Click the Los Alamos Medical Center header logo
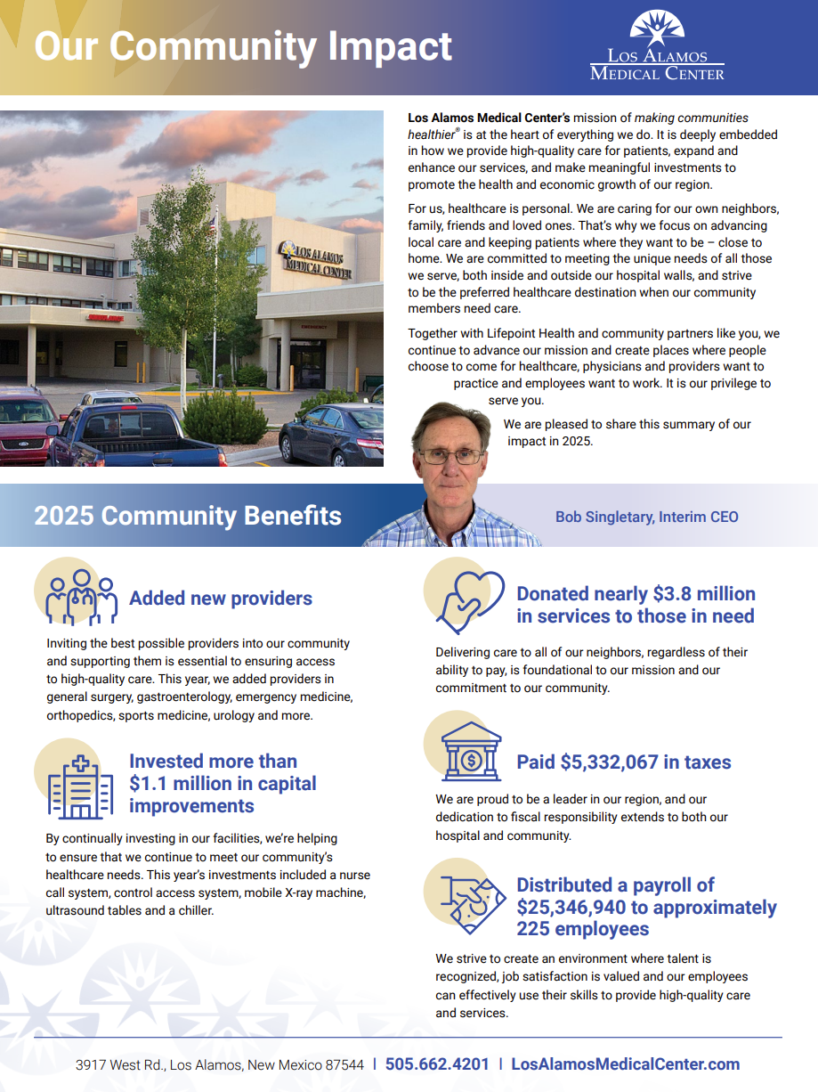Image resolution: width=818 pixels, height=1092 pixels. pos(657,46)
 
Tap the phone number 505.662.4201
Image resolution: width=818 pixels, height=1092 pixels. pos(437,1064)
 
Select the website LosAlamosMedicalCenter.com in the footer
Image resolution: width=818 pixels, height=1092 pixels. pos(625,1064)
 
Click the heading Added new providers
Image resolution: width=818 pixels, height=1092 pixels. pos(221,599)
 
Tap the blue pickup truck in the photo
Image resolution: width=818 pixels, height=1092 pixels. pos(134,436)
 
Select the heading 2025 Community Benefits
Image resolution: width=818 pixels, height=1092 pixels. pos(188,516)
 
